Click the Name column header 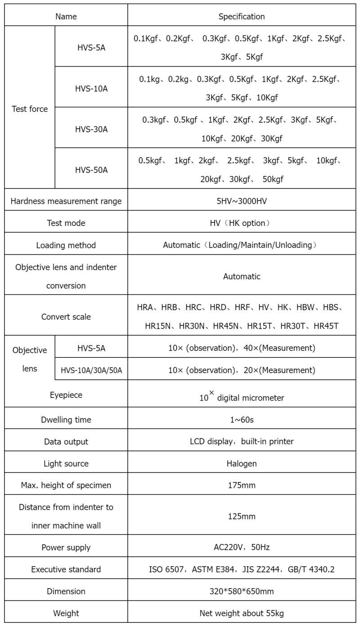click(66, 17)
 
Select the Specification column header click(242, 17)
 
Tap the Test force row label click(30, 109)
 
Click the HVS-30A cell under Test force click(91, 129)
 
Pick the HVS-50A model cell click(91, 170)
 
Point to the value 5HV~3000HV click(242, 201)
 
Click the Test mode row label click(66, 223)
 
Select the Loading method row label click(66, 245)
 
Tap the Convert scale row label click(66, 316)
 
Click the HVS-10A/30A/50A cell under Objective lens click(91, 370)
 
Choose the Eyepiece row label click(66, 395)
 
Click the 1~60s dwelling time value click(242, 419)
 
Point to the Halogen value click(242, 463)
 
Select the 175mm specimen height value click(242, 485)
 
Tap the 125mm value click(242, 516)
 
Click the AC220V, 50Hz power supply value click(242, 547)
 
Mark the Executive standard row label click(66, 569)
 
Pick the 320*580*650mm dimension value click(242, 591)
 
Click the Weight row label click(66, 613)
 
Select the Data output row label click(66, 441)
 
